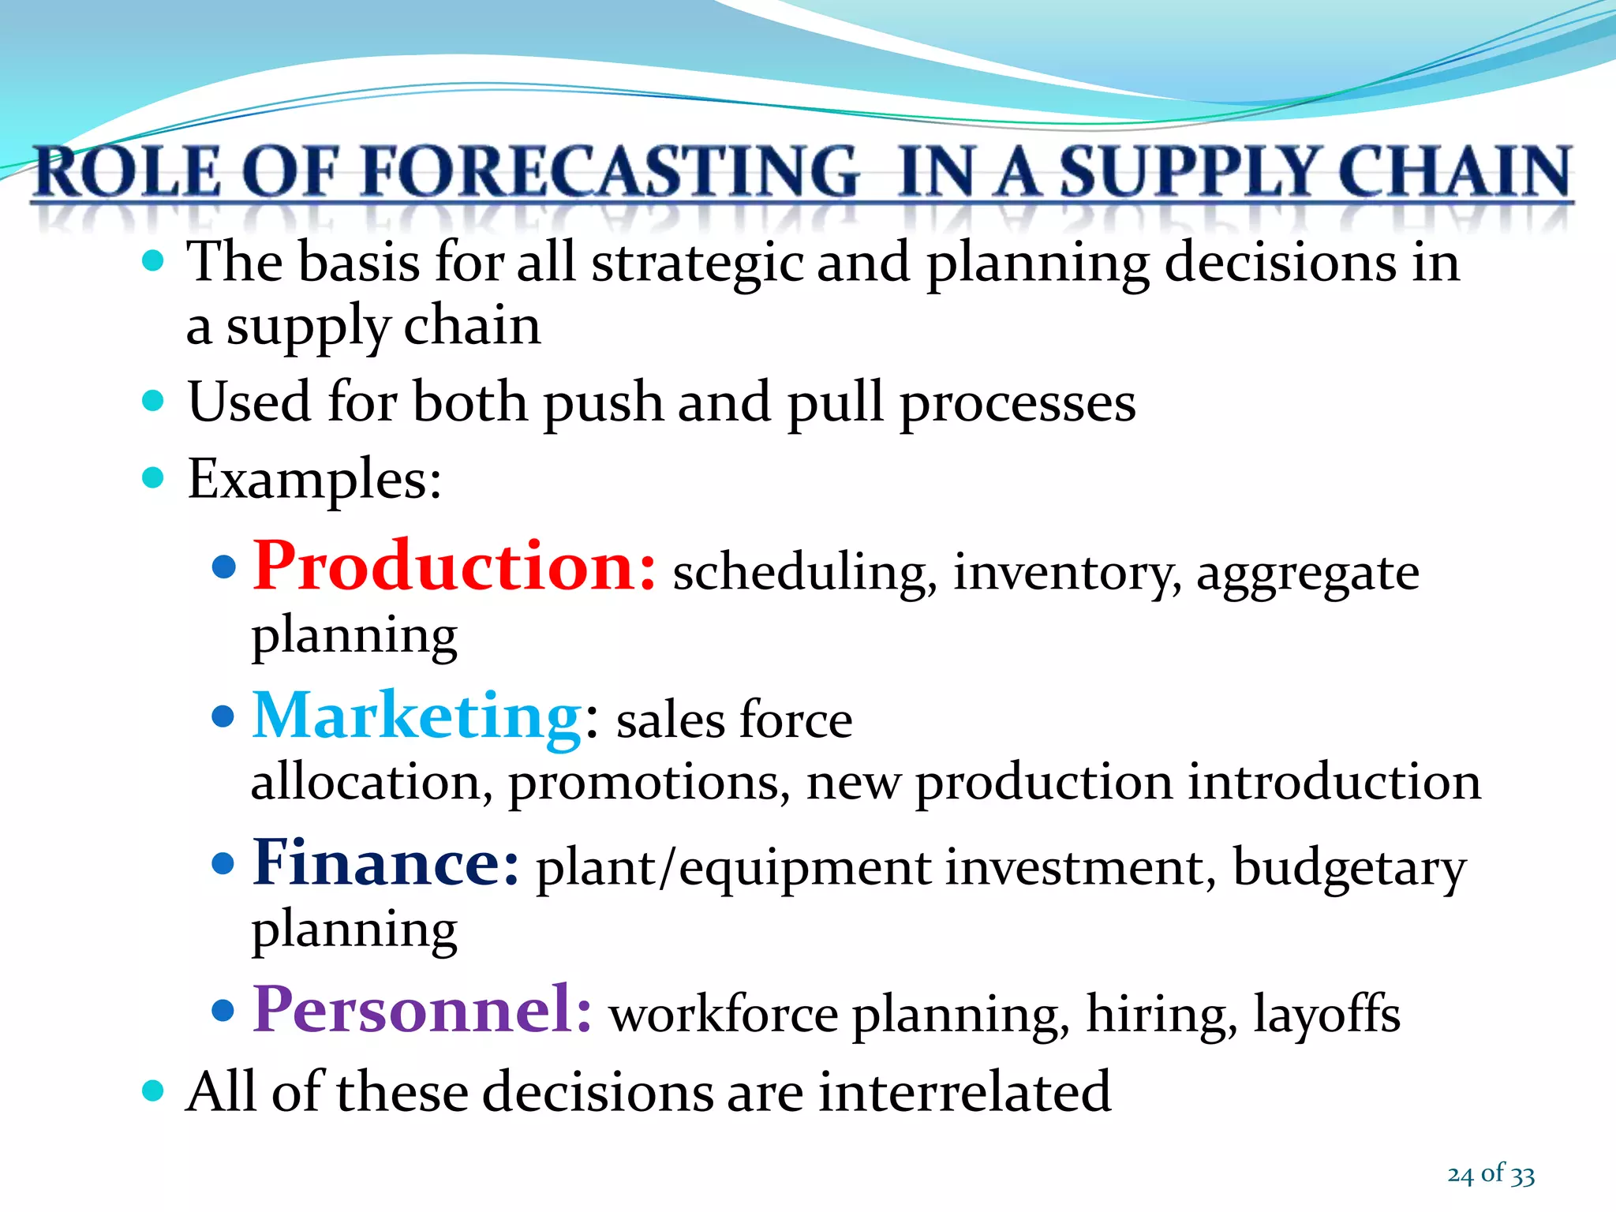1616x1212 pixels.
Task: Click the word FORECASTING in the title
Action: point(612,172)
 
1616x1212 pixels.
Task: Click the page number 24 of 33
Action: point(1491,1174)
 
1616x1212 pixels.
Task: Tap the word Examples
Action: point(313,479)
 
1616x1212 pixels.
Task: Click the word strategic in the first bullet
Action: point(696,264)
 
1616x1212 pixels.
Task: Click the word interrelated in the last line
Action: point(964,1092)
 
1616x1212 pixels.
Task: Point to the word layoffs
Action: point(1326,1014)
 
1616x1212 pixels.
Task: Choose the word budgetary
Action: point(1349,869)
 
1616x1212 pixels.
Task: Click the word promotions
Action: point(649,784)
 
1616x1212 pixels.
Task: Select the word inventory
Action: point(1067,574)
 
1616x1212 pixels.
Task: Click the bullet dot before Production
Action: point(224,567)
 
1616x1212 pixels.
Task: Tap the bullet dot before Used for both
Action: point(153,401)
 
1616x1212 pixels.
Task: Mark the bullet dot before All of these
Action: point(153,1091)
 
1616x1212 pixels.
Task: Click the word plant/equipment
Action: point(734,869)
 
